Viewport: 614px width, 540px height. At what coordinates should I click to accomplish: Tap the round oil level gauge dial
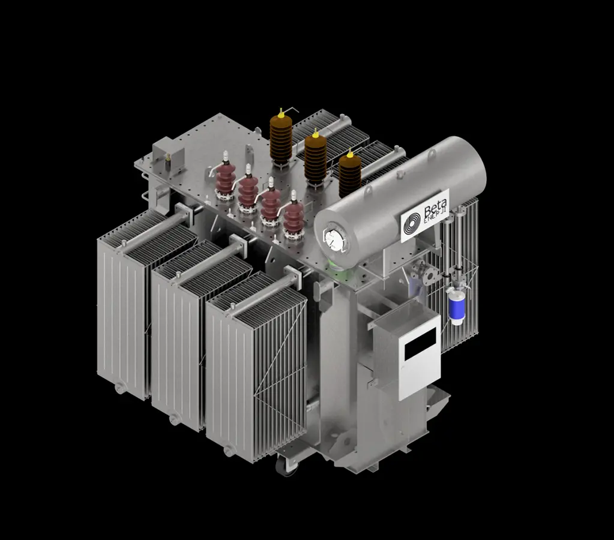pyautogui.click(x=333, y=239)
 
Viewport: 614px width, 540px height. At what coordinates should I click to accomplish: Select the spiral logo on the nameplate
pyautogui.click(x=412, y=223)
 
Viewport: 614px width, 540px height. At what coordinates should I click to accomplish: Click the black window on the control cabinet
pyautogui.click(x=420, y=343)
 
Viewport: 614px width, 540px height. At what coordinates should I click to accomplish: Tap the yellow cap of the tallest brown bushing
pyautogui.click(x=280, y=113)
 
